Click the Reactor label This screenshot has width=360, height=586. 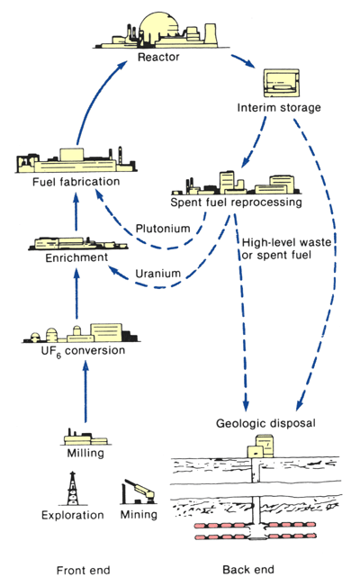(158, 58)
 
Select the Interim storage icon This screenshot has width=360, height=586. (282, 83)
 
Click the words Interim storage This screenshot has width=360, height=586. (279, 108)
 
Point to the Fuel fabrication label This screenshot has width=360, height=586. (76, 182)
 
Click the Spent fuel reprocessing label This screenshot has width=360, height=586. (236, 203)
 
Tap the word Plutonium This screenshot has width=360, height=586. (163, 229)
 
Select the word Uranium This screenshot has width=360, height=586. (157, 274)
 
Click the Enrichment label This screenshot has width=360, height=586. (76, 257)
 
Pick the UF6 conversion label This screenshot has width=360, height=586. (83, 351)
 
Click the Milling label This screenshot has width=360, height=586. (85, 454)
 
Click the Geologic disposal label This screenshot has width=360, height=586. (265, 423)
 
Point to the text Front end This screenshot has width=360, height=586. (84, 571)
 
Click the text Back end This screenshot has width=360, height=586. (248, 570)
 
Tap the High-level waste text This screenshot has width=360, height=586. (286, 242)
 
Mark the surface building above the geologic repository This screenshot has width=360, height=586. (261, 446)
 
